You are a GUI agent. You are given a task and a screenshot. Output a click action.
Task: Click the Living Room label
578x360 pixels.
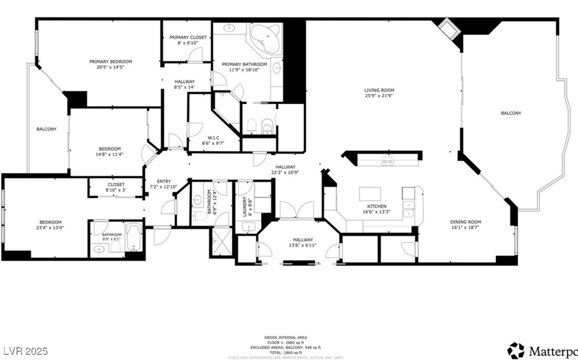[379, 90]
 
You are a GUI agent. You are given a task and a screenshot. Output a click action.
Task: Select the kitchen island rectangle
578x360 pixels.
[372, 193]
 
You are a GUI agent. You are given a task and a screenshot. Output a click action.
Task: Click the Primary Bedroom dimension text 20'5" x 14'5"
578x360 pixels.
[110, 67]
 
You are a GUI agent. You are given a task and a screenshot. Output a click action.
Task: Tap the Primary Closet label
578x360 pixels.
[188, 38]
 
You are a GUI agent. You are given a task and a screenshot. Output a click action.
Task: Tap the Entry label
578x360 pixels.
[163, 181]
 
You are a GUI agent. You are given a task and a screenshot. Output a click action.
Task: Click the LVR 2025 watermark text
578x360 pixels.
[25, 351]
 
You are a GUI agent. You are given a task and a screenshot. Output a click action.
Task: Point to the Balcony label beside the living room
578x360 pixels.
[511, 113]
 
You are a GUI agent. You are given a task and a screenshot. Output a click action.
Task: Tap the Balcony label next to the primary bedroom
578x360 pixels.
[46, 129]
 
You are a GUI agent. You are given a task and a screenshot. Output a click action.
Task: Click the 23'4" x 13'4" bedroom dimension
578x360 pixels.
[50, 227]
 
